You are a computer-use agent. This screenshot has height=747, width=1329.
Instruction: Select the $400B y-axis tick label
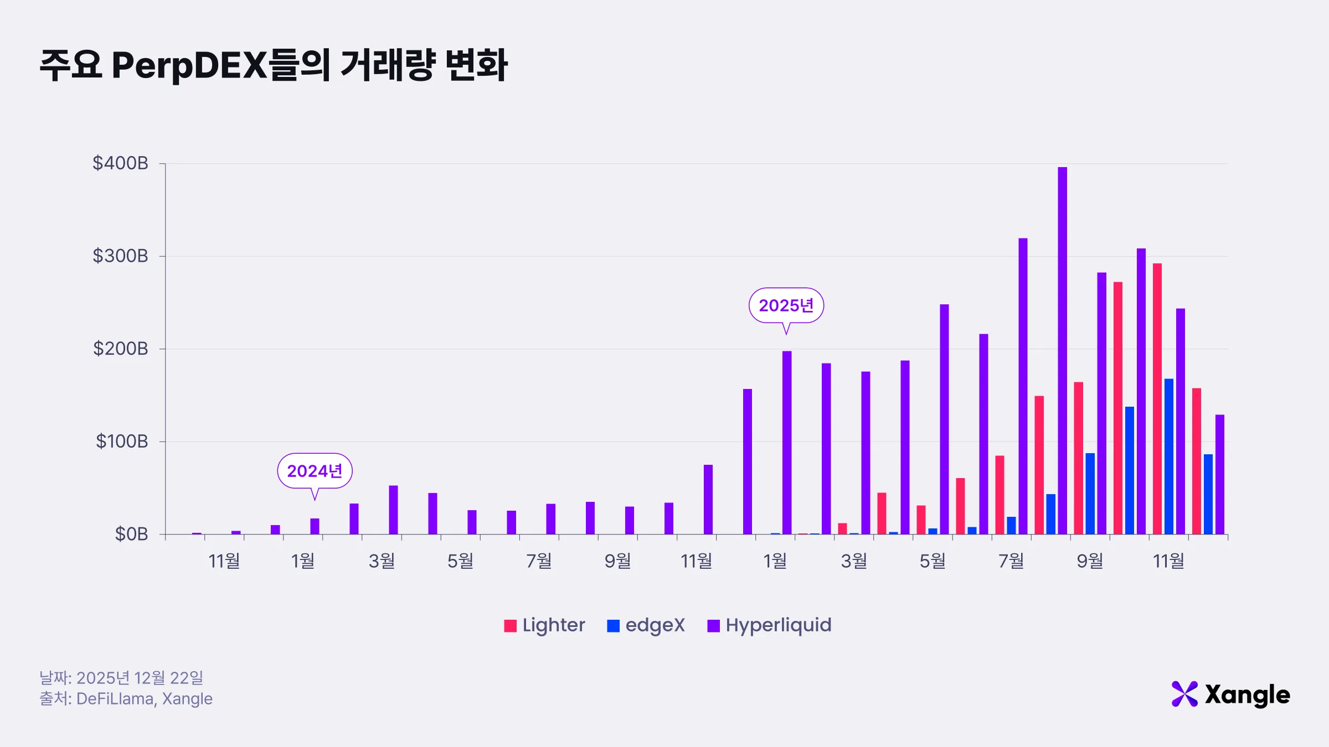coord(120,163)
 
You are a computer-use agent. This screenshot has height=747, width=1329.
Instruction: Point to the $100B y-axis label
coord(122,442)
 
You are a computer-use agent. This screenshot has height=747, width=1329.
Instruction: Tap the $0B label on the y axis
coord(131,535)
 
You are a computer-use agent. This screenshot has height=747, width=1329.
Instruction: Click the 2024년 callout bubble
coord(315,471)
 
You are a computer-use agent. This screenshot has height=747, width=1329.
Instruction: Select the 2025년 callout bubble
coord(786,305)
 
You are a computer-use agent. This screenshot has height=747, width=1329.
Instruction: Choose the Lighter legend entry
coord(545,625)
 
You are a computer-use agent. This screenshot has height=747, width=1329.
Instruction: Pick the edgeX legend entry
coord(646,625)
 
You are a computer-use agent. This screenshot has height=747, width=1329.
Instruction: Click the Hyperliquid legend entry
coord(770,625)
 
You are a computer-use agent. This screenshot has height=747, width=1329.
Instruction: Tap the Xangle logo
coord(1230,694)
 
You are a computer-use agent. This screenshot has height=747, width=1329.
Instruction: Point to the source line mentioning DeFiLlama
coord(126,699)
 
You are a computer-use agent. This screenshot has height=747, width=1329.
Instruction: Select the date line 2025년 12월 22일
coord(122,678)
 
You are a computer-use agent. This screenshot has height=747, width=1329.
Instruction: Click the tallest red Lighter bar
coord(1157,398)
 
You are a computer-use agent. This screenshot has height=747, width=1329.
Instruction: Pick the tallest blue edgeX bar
coord(1169,456)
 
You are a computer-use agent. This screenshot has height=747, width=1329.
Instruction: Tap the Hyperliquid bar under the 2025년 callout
coord(787,443)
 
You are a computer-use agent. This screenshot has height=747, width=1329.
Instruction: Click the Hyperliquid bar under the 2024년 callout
coord(315,526)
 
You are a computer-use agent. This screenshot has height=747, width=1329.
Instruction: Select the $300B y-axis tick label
coord(120,256)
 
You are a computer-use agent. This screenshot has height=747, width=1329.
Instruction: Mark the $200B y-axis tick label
coord(120,349)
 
